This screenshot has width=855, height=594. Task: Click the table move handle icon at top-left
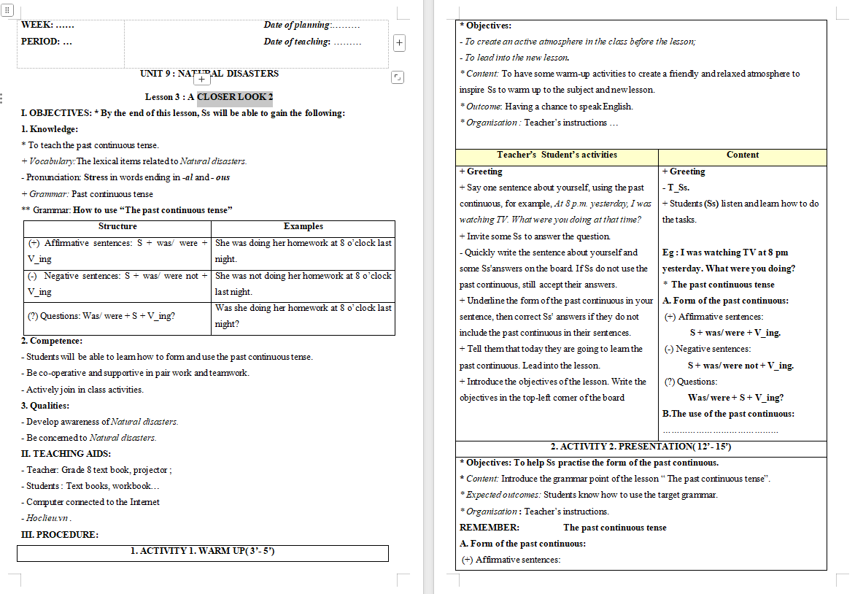pyautogui.click(x=8, y=9)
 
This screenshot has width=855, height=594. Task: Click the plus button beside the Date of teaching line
pyautogui.click(x=399, y=42)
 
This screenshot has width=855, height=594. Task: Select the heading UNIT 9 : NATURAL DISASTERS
pyautogui.click(x=209, y=74)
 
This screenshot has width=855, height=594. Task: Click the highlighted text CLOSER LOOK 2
pyautogui.click(x=235, y=97)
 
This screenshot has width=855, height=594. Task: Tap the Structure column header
pyautogui.click(x=117, y=227)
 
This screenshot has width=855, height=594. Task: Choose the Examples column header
pyautogui.click(x=303, y=227)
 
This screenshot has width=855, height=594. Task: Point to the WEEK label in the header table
pyautogui.click(x=47, y=26)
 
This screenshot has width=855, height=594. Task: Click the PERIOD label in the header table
pyautogui.click(x=47, y=42)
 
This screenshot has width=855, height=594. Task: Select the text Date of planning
pyautogui.click(x=297, y=26)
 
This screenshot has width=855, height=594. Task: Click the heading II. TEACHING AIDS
pyautogui.click(x=66, y=454)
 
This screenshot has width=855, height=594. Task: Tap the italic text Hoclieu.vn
pyautogui.click(x=48, y=518)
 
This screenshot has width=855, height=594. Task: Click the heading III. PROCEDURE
pyautogui.click(x=60, y=535)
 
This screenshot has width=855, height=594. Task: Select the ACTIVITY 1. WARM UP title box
pyautogui.click(x=202, y=552)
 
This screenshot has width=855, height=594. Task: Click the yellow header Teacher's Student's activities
pyautogui.click(x=557, y=155)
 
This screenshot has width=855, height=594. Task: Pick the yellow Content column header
pyautogui.click(x=743, y=155)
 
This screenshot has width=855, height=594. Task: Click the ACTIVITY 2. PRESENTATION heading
pyautogui.click(x=641, y=447)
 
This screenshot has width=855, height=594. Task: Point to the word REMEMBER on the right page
pyautogui.click(x=490, y=528)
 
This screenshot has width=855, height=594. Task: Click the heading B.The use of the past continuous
pyautogui.click(x=728, y=414)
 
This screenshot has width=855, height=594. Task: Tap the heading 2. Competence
pyautogui.click(x=52, y=341)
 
